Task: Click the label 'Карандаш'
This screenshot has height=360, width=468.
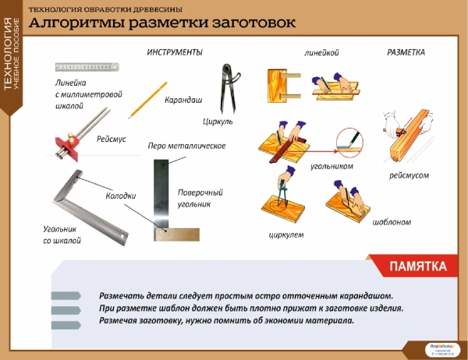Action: [183, 101]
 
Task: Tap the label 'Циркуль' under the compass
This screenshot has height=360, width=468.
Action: [218, 122]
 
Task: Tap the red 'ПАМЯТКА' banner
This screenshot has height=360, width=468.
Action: [418, 266]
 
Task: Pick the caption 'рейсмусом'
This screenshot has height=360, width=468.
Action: [409, 176]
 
